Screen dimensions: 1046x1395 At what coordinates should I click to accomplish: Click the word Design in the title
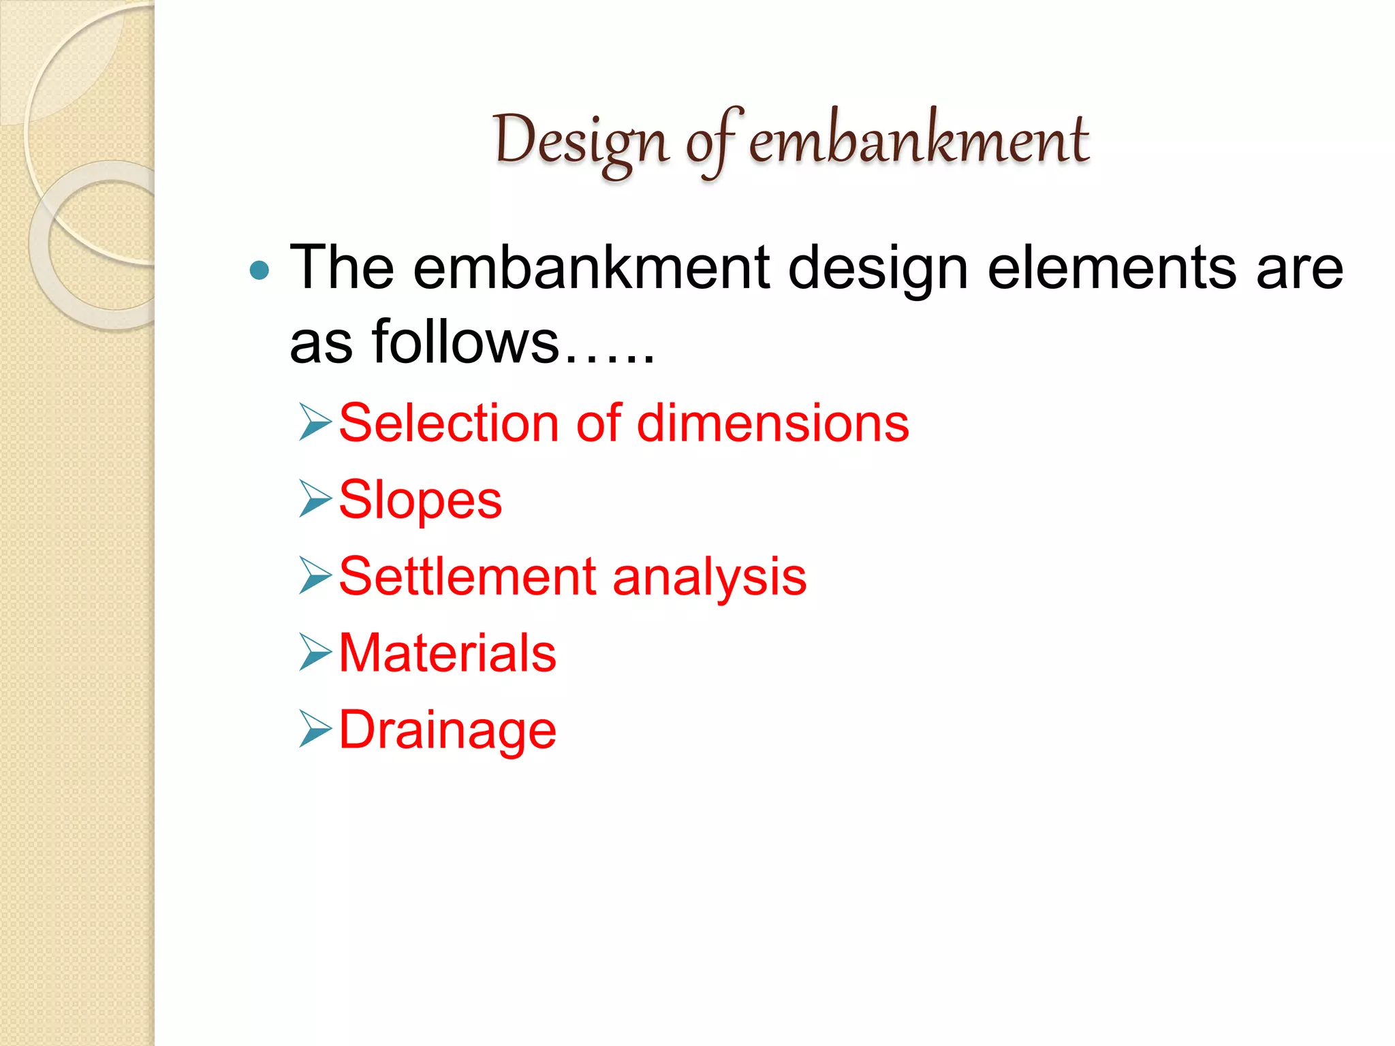tap(580, 141)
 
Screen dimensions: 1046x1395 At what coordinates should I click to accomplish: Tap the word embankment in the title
tap(919, 141)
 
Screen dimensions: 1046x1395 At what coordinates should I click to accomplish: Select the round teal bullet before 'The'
tap(260, 271)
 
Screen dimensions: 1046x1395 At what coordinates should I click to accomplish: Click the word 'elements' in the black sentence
tap(1111, 268)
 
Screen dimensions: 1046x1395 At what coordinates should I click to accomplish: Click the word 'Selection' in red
tap(450, 423)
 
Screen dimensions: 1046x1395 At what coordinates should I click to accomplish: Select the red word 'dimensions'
tap(772, 423)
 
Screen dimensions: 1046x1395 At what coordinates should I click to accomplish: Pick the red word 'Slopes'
tap(420, 501)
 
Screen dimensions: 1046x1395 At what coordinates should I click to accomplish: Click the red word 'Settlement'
tap(468, 577)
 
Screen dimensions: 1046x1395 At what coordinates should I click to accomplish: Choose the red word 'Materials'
tap(448, 653)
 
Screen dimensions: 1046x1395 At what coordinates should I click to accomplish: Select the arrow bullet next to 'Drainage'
tap(315, 728)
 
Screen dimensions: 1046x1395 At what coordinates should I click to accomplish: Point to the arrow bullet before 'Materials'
tap(315, 652)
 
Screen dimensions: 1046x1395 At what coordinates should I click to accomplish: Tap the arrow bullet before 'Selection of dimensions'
tap(315, 422)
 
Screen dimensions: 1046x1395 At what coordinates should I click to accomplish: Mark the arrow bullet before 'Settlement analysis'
tap(315, 575)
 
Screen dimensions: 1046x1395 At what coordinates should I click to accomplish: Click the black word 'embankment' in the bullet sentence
tap(591, 268)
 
